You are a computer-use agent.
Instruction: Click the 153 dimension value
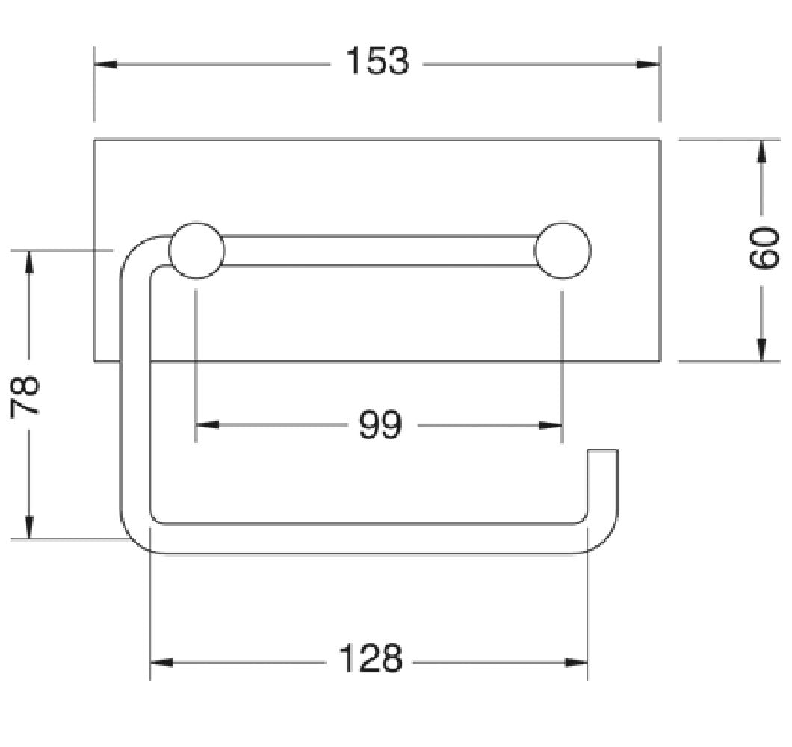coord(377,61)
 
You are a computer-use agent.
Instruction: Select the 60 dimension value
coord(763,249)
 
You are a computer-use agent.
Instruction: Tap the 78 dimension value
coord(24,395)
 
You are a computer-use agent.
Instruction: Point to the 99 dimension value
coord(380,425)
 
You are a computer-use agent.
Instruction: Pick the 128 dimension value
coord(371,659)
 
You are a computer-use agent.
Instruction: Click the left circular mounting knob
coord(197,250)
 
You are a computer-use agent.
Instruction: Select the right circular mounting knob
coord(562,250)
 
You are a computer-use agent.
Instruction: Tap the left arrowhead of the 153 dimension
coord(105,64)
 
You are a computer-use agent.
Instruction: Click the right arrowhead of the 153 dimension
coord(649,64)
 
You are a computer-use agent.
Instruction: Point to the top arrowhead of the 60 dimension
coord(761,152)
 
